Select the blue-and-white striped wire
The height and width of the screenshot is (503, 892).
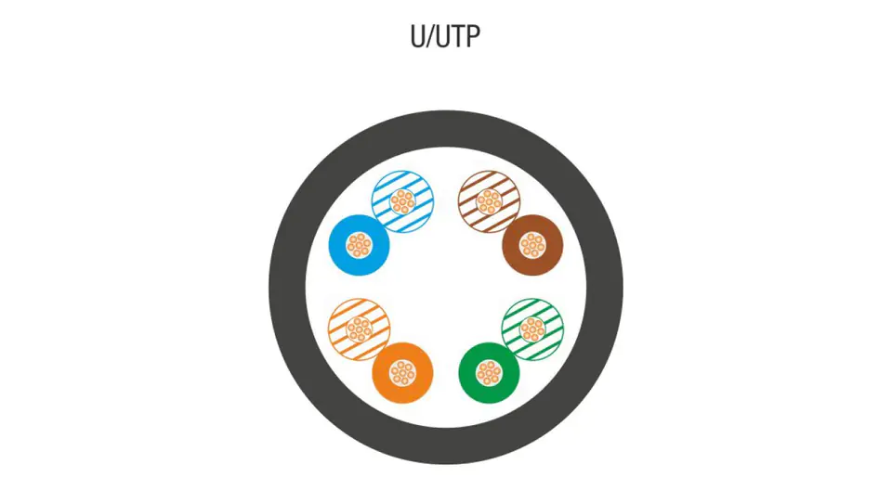[x=419, y=213]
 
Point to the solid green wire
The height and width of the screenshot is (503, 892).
[x=475, y=383]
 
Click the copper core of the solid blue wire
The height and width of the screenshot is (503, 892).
[x=360, y=245]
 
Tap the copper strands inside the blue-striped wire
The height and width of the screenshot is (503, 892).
[x=402, y=200]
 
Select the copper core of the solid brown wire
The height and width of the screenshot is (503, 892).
[x=532, y=245]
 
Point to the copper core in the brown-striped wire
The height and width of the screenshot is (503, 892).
[x=489, y=200]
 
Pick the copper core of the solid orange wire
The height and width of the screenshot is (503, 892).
[x=402, y=372]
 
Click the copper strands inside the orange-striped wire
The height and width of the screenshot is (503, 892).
[x=359, y=329]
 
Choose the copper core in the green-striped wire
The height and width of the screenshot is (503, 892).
[x=532, y=329]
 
